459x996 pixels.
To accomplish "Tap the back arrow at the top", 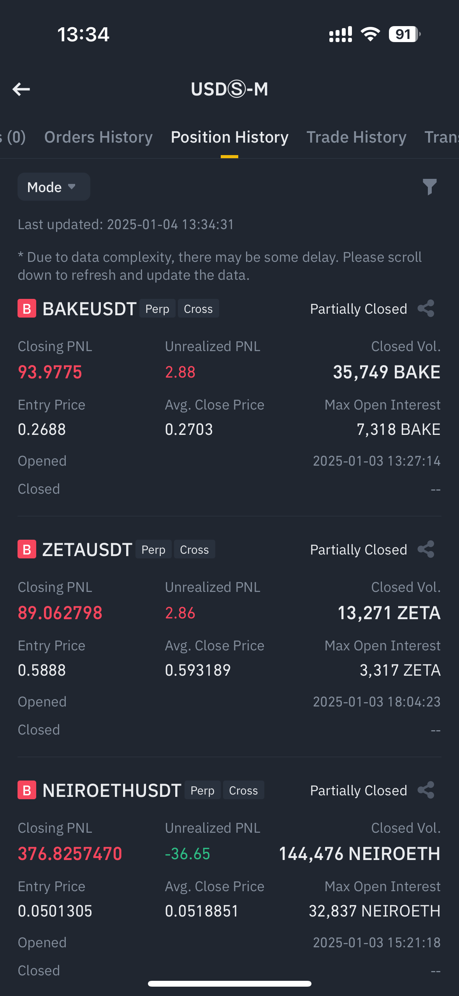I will tap(21, 89).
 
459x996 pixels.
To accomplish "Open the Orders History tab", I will tap(98, 137).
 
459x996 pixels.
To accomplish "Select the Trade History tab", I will tap(356, 137).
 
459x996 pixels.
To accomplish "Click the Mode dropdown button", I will tap(54, 187).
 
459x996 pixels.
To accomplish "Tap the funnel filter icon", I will tap(430, 187).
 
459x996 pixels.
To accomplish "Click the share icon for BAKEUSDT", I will tap(426, 309).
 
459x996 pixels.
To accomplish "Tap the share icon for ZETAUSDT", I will tap(426, 549).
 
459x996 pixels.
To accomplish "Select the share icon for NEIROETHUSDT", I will tap(426, 790).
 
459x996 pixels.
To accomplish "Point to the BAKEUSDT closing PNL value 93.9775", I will tap(50, 372).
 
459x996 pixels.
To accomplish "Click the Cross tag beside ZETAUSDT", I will tap(194, 549).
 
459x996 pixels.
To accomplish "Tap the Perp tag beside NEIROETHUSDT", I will tap(202, 790).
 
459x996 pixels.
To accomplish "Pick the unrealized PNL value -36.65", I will tap(188, 854).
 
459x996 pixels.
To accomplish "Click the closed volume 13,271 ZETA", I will tap(389, 613).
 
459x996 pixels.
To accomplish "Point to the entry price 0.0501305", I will tap(55, 911).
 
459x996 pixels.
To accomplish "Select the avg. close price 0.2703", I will tap(189, 429).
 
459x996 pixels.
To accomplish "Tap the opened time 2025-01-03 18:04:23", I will tap(376, 702).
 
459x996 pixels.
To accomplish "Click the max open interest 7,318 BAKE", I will tap(398, 429).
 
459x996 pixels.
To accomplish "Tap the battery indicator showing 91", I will tap(404, 34).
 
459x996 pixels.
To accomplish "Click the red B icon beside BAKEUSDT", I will tap(27, 309).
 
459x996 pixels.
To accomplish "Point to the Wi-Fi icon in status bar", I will tap(370, 34).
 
